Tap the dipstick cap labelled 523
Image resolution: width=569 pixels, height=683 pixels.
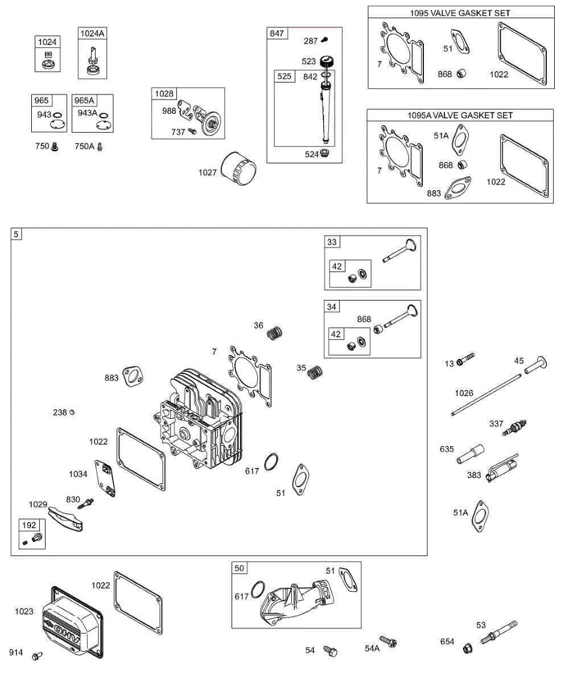(327, 61)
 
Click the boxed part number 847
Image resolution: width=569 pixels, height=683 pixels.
(277, 34)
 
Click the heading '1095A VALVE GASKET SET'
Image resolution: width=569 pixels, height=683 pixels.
(460, 115)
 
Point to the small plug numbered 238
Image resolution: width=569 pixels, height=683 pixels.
(72, 413)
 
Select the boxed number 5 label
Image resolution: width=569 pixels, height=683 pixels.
(16, 234)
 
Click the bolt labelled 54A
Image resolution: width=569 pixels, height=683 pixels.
(389, 643)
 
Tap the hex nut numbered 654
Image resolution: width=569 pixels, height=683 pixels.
(467, 648)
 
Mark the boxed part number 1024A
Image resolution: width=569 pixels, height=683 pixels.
(92, 34)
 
